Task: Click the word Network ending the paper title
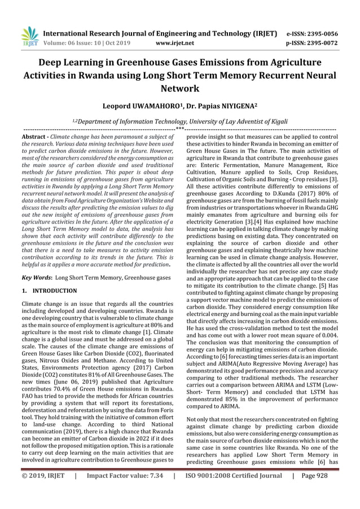point(180,89)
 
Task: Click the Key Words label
point(37,278)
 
